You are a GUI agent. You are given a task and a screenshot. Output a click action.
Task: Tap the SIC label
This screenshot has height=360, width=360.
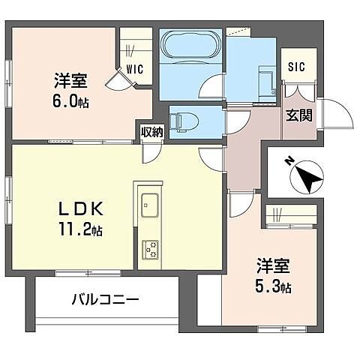point(295,65)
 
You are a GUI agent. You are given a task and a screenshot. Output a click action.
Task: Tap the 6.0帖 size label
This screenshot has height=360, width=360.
point(70,101)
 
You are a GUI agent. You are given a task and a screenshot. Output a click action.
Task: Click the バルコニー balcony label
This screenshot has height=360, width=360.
point(105,300)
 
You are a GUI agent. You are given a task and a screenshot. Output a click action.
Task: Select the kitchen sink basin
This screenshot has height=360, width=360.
point(148,203)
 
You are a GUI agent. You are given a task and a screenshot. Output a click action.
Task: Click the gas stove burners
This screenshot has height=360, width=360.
point(150,247)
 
